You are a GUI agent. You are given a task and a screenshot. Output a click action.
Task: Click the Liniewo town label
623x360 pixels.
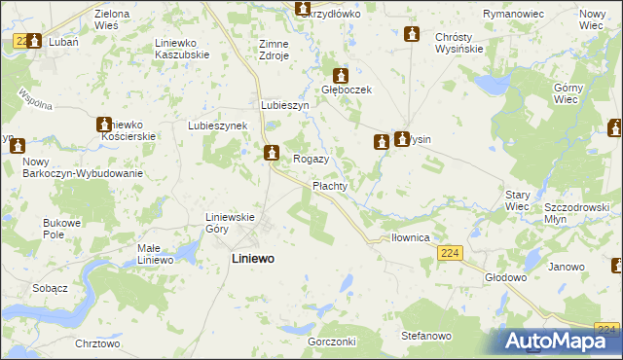[252, 260]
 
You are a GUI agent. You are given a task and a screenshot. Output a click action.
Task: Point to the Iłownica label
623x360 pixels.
[411, 236]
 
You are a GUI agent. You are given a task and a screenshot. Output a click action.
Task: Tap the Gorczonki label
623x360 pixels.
[332, 342]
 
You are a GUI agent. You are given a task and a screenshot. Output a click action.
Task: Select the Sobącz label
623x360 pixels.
[49, 289]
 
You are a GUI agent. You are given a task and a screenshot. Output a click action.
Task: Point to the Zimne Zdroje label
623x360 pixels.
[274, 50]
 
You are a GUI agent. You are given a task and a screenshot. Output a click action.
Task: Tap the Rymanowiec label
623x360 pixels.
[511, 15]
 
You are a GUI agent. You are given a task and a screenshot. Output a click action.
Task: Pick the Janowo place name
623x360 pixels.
[566, 267]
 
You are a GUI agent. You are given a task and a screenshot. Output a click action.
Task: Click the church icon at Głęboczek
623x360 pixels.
[341, 75]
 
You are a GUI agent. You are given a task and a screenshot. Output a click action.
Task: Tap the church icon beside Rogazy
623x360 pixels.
[272, 152]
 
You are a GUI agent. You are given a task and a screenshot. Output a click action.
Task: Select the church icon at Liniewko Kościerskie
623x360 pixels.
[104, 125]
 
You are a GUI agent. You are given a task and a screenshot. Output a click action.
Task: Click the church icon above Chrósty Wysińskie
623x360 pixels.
[412, 34]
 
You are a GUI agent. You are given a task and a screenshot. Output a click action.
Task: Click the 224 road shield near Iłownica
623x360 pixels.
[449, 253]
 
